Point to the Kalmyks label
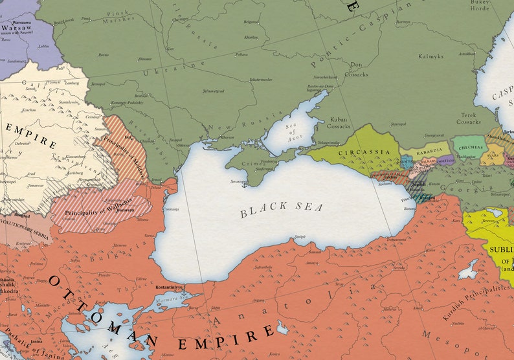click(431, 56)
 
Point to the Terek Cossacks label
click(468, 117)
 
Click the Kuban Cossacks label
click(338, 122)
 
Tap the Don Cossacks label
click(356, 69)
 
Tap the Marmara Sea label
click(169, 300)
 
